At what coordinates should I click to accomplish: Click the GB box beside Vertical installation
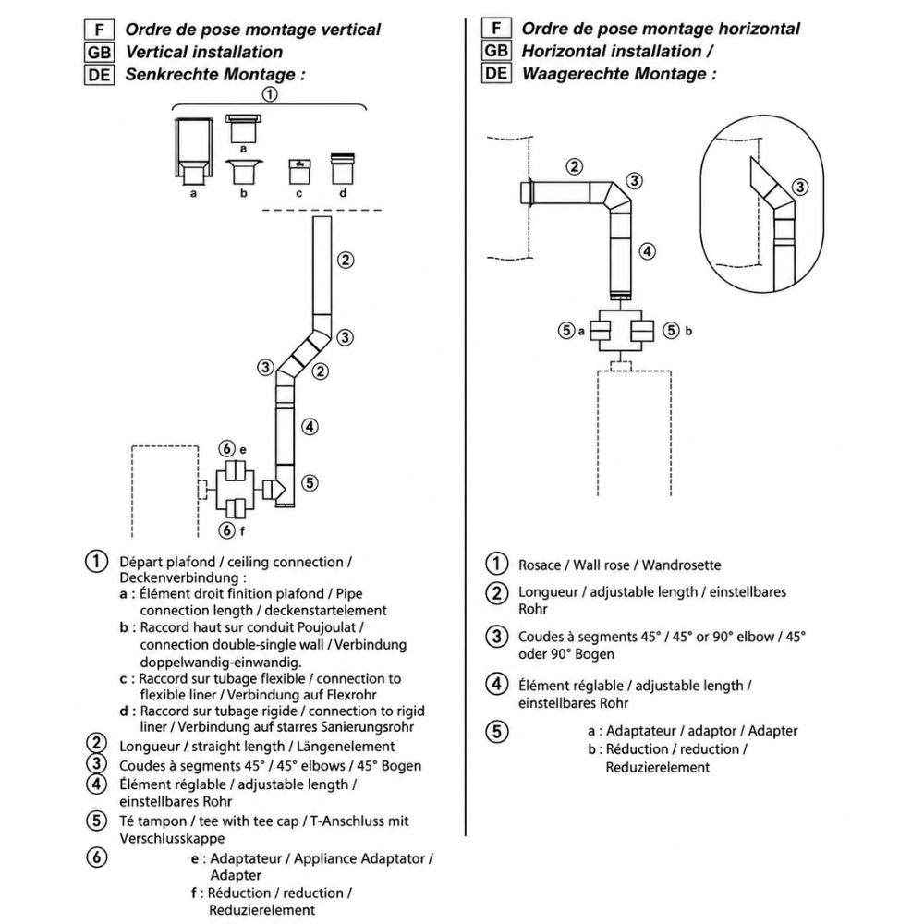99,52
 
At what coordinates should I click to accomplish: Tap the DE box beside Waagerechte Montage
496,73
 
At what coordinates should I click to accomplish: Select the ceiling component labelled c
299,171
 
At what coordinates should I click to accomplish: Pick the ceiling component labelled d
343,168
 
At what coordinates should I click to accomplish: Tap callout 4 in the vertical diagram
310,426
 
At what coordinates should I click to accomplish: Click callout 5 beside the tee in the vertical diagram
310,483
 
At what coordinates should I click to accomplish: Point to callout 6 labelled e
227,449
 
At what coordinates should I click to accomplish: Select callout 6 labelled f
227,529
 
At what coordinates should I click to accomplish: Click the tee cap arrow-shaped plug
274,489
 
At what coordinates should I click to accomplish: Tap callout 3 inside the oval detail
799,188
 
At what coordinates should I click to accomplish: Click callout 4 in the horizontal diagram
647,251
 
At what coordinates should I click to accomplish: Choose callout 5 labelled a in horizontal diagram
566,331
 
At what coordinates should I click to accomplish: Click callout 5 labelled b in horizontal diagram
671,331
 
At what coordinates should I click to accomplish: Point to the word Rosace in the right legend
540,565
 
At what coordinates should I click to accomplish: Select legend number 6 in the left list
97,857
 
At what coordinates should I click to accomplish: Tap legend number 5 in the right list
497,731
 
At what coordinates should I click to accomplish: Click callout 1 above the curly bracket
269,94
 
